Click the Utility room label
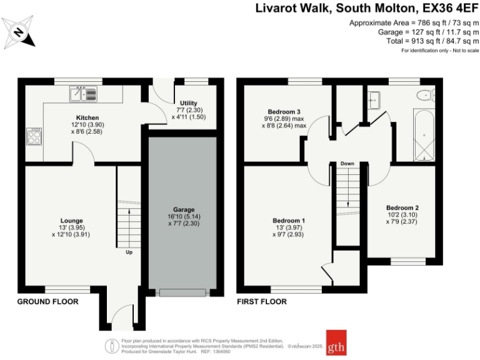[x=188, y=103]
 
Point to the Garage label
[x=184, y=209]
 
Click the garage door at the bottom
[x=182, y=292]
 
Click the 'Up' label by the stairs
[x=129, y=253]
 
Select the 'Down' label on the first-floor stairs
[x=347, y=164]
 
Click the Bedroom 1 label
[x=289, y=220]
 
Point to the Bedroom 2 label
[x=402, y=207]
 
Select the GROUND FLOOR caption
[x=47, y=301]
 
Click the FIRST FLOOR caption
[x=261, y=301]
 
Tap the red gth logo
[x=336, y=342]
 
